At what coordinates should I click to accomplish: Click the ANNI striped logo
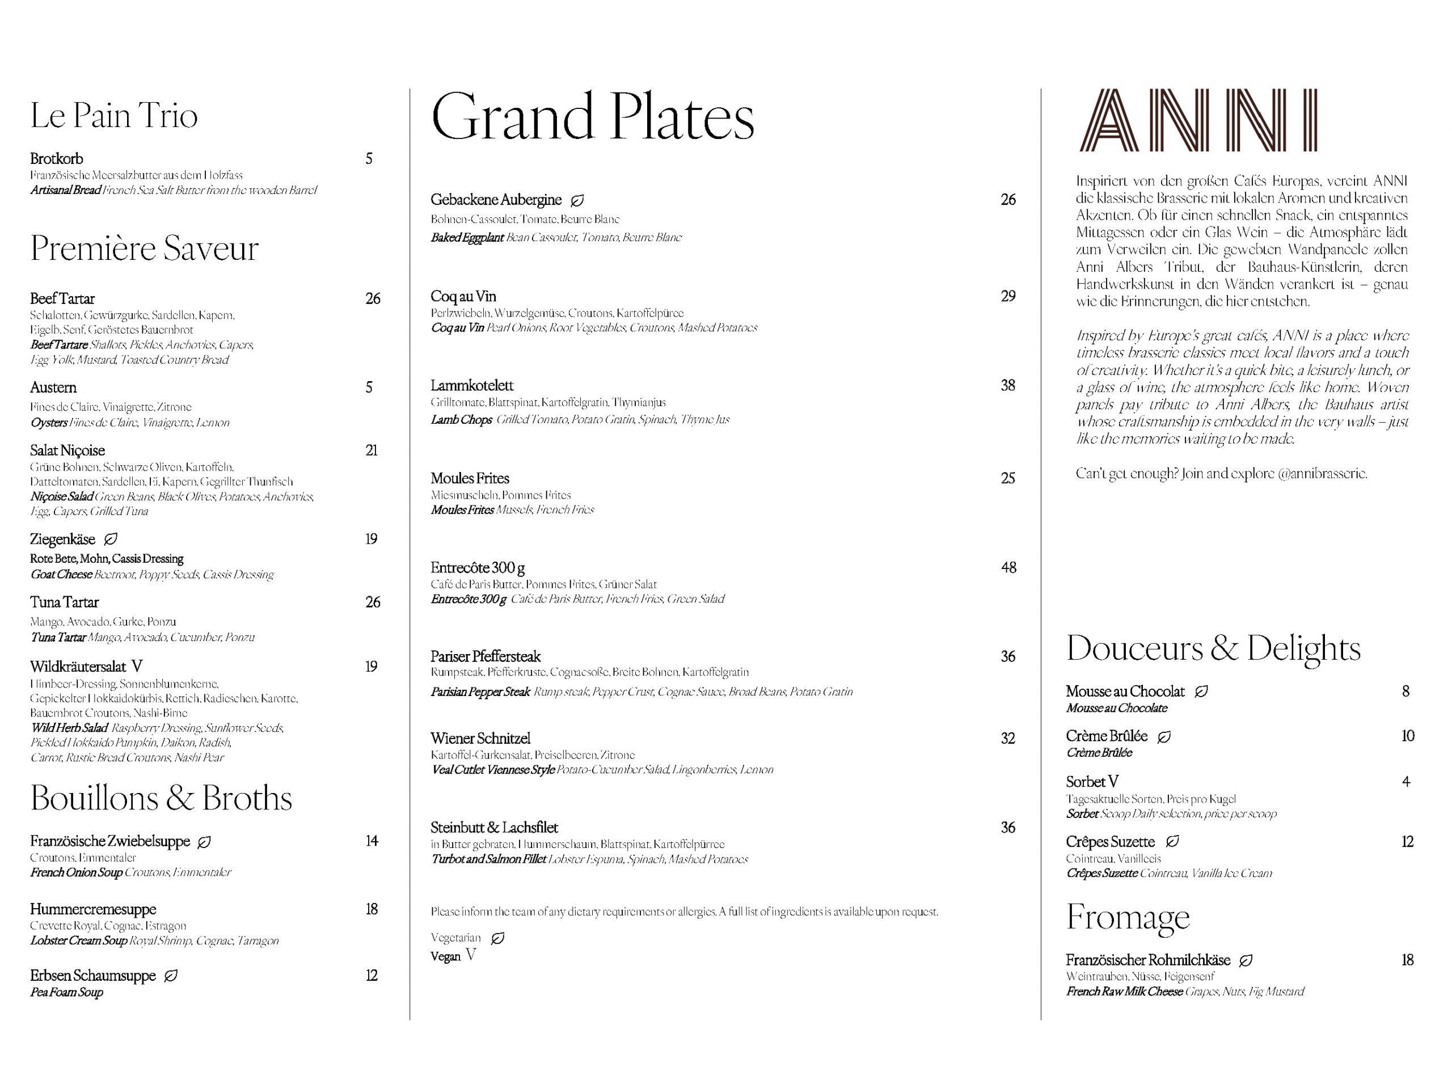[1197, 120]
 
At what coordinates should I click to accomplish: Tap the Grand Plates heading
[593, 117]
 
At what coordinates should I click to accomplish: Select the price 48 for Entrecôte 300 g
[1008, 568]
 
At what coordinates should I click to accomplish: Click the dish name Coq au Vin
[463, 296]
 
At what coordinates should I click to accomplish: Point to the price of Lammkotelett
[1008, 385]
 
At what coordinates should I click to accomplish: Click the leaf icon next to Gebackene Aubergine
[577, 200]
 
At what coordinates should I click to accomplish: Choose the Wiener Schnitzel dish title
[480, 738]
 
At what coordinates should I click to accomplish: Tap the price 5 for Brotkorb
[369, 159]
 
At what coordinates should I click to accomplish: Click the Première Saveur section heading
[144, 248]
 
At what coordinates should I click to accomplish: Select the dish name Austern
[53, 387]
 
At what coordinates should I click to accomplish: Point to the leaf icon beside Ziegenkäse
[111, 539]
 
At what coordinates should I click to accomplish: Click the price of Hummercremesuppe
[372, 909]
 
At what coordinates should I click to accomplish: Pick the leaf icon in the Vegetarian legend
[498, 938]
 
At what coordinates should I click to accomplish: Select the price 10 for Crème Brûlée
[1407, 736]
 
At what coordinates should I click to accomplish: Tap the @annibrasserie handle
[1322, 473]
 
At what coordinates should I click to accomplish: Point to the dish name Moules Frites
[470, 478]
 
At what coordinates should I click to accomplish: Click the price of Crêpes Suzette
[1407, 842]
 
